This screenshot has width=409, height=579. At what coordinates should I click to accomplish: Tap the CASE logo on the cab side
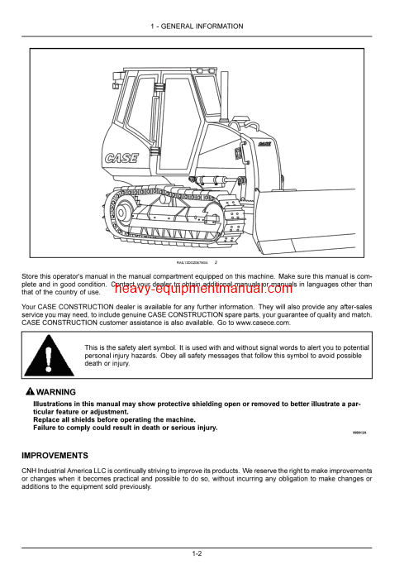[x=122, y=157]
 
